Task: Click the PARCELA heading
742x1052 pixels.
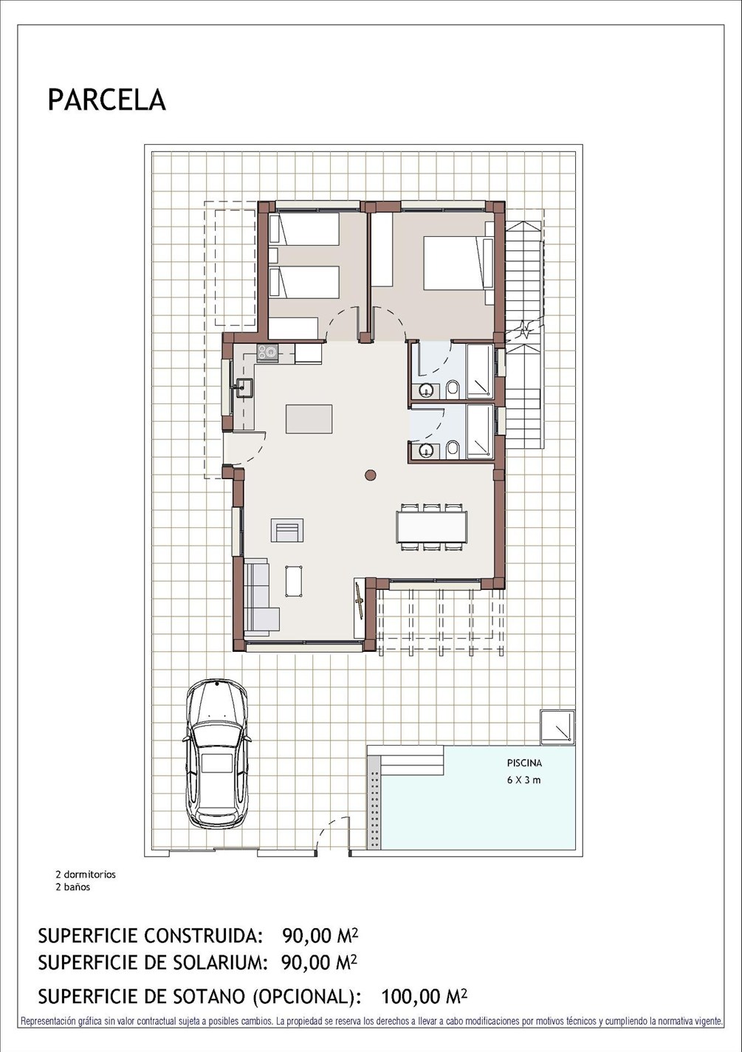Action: [107, 100]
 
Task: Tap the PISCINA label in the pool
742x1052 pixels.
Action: [524, 763]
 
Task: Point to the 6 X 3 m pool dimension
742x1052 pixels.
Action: [523, 780]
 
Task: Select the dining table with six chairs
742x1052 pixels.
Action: [432, 527]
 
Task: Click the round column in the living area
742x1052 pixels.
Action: [371, 475]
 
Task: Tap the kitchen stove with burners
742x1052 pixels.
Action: [267, 353]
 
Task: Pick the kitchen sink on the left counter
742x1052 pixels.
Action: [243, 388]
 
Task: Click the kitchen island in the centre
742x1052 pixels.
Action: [309, 419]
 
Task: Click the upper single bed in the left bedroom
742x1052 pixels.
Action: [304, 229]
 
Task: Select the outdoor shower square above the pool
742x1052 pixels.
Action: [557, 726]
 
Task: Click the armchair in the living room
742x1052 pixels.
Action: [287, 530]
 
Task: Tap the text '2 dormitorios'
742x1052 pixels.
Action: [86, 875]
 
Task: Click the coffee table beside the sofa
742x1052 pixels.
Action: [294, 581]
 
